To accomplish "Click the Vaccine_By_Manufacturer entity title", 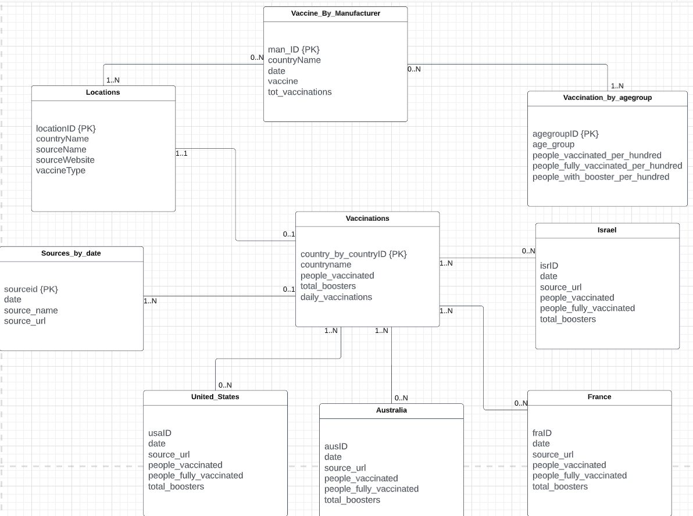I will (x=335, y=13).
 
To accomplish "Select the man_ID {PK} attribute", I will (x=294, y=49).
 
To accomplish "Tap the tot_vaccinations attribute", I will (x=299, y=92).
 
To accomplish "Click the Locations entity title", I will (x=103, y=92).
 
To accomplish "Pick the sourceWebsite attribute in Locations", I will (x=65, y=160).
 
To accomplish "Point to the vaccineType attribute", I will (x=60, y=170).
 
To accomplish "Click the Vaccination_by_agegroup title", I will (x=607, y=98).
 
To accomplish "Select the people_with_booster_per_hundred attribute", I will (x=601, y=177).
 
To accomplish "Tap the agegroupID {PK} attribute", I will (x=565, y=134).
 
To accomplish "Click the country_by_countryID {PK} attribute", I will (x=353, y=254).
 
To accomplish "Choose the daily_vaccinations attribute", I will (x=336, y=297).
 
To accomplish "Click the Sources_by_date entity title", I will (x=71, y=253).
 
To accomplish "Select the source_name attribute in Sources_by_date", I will (x=31, y=310).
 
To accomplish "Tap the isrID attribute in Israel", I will (x=549, y=266).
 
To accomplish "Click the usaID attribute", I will (x=160, y=433).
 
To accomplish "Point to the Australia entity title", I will (x=391, y=410).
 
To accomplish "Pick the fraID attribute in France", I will (x=542, y=433).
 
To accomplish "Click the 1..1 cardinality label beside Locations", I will (x=181, y=154).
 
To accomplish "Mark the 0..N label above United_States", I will (x=225, y=385).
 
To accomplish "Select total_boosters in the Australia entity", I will (x=352, y=500).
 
